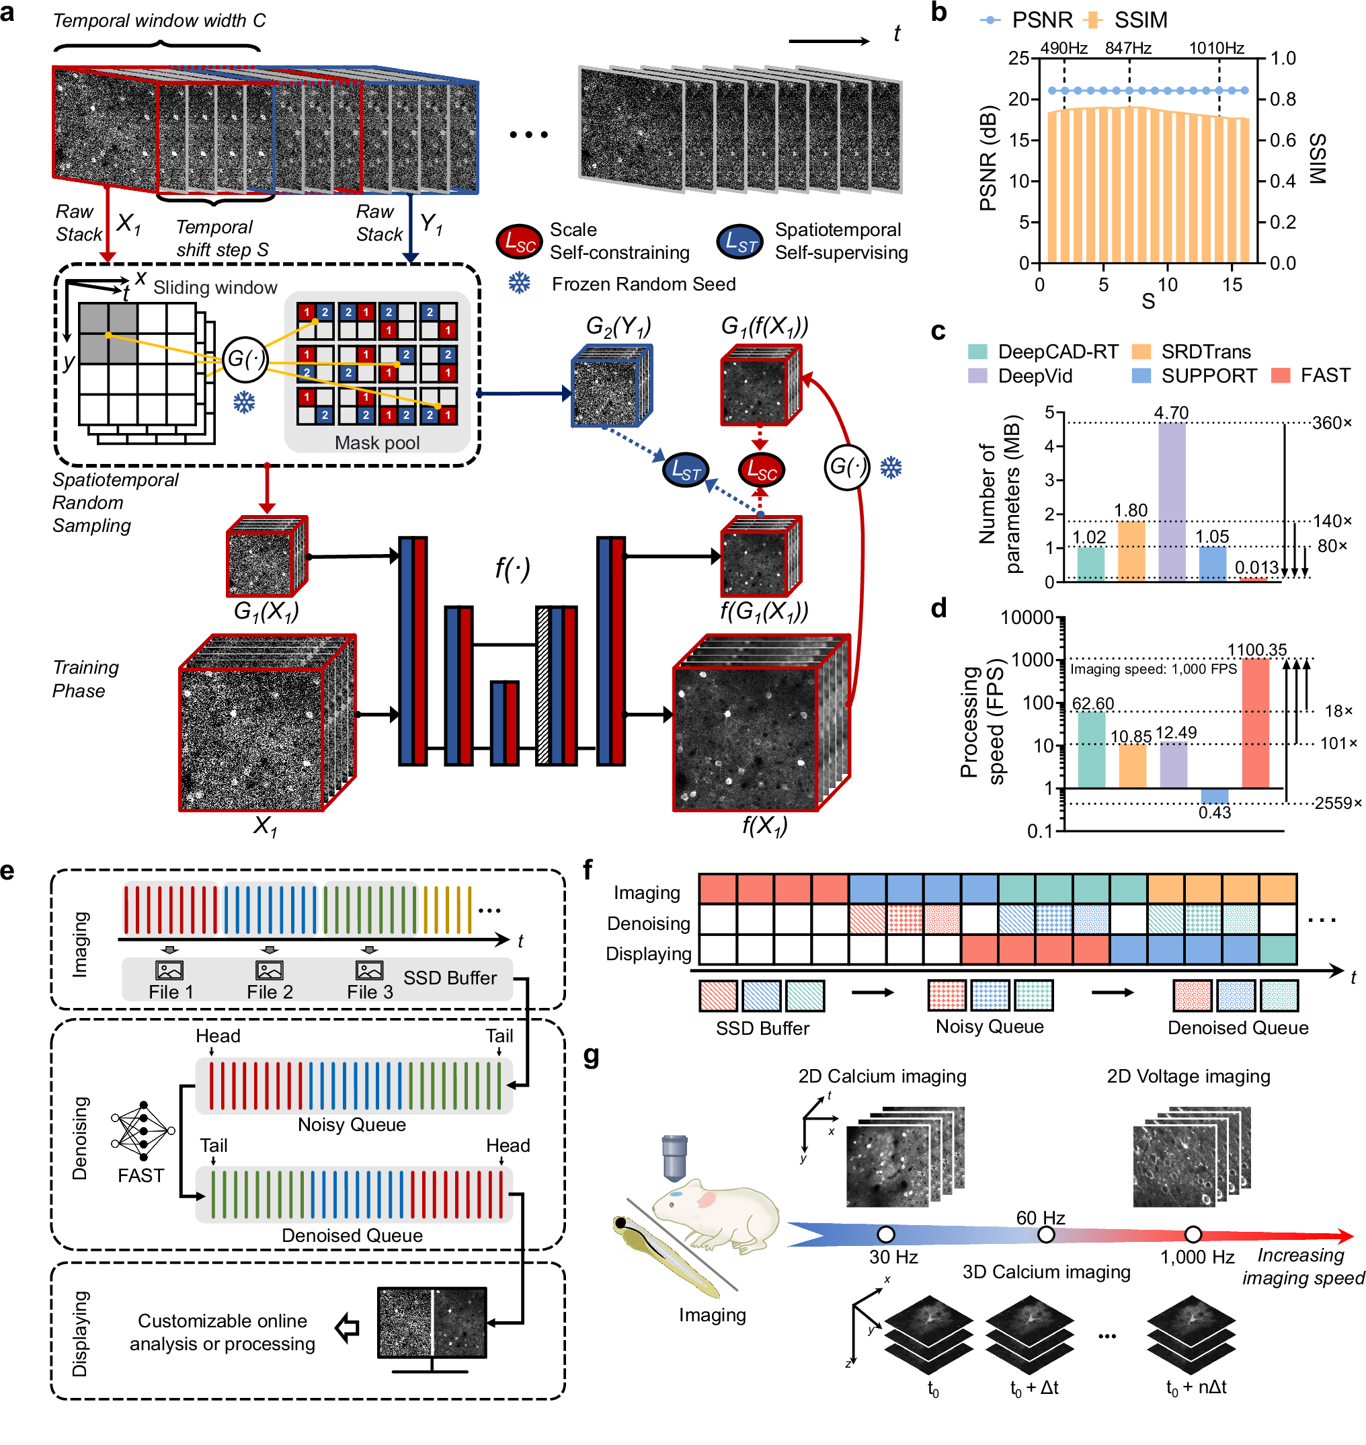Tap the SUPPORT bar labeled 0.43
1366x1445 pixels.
[1215, 796]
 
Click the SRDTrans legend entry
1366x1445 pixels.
[1191, 352]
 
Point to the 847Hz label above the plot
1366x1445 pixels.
[1128, 48]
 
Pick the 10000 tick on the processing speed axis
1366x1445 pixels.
[1027, 618]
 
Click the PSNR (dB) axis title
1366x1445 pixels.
[988, 159]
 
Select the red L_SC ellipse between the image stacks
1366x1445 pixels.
[761, 470]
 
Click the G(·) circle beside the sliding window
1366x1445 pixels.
[245, 359]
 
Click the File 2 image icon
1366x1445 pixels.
[270, 970]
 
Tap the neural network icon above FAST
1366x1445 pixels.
[143, 1131]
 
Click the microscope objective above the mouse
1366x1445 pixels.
[674, 1157]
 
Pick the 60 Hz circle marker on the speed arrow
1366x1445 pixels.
[1045, 1235]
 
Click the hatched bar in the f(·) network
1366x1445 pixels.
[543, 685]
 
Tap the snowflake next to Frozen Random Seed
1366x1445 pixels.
[519, 283]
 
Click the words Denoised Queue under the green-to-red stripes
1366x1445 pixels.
[352, 1235]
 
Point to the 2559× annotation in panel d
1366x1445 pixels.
[1337, 803]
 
